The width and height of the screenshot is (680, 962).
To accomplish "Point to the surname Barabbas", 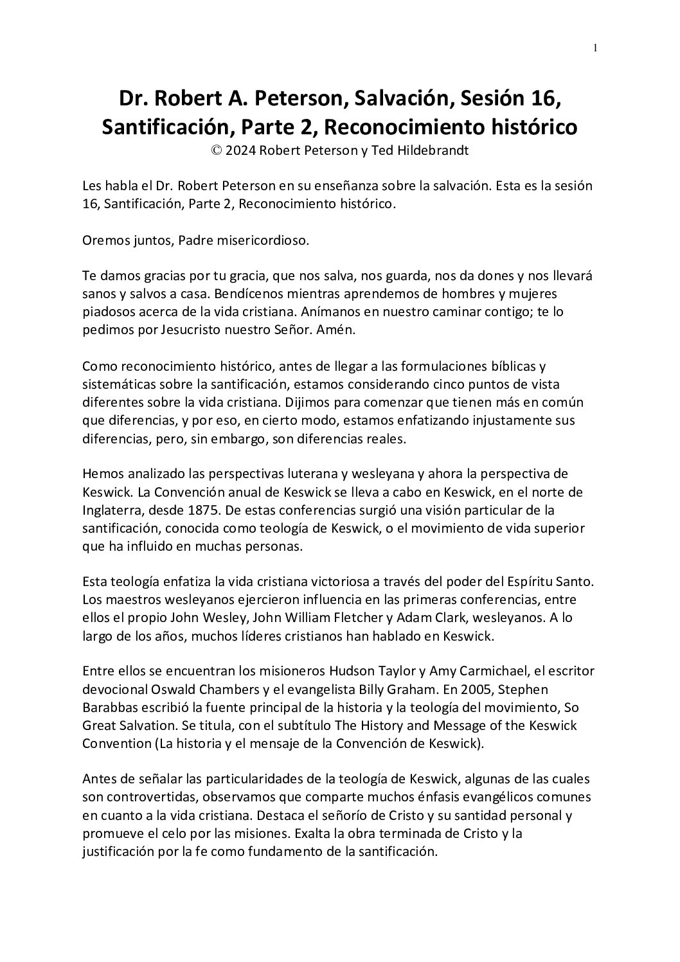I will tap(110, 708).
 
